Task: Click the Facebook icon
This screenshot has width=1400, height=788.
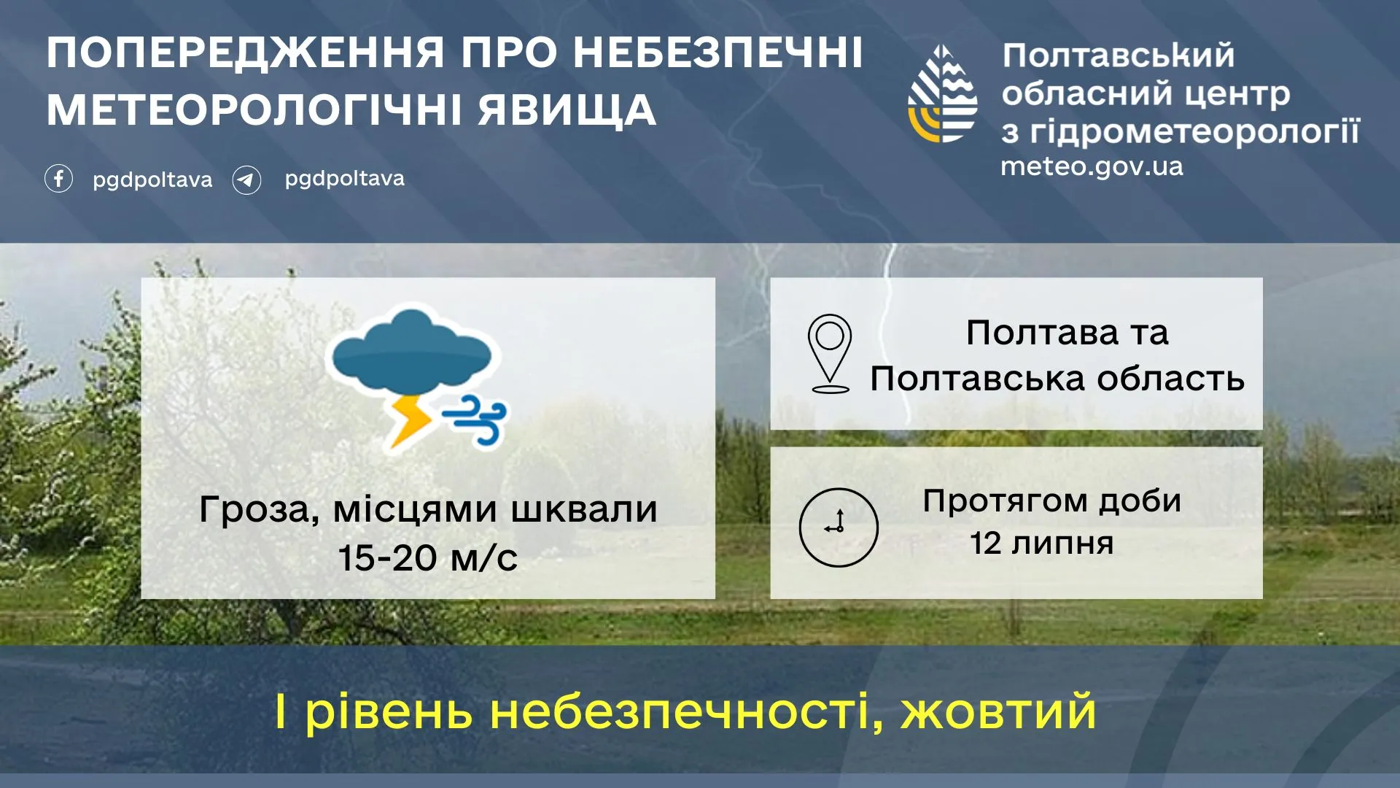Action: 58,179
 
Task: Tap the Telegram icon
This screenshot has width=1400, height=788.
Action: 246,179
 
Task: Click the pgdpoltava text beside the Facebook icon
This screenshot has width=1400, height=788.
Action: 152,179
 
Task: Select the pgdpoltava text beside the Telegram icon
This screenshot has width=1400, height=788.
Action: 344,179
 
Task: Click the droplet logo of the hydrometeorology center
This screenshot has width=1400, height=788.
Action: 942,95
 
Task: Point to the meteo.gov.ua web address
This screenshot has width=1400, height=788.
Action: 1092,166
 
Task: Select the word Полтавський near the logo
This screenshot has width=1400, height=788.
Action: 1118,55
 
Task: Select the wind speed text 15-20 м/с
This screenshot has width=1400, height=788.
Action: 427,558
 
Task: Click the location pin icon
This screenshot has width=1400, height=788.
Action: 830,353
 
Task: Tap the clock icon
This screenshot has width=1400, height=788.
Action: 839,527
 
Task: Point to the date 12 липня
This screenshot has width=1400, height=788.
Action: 1041,544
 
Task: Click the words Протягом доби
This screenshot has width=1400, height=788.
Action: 1051,501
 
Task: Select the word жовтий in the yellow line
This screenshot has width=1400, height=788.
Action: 998,712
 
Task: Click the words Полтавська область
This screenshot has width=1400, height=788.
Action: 1057,379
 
